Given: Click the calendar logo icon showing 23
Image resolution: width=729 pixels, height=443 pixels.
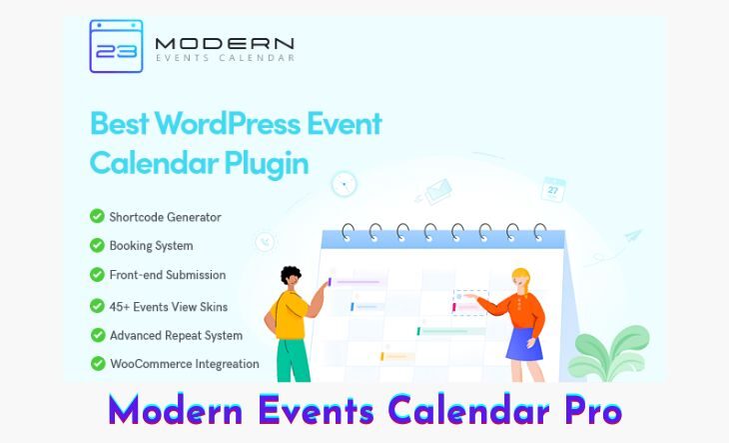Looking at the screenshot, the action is pyautogui.click(x=116, y=46).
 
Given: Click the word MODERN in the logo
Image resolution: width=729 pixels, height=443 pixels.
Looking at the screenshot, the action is pyautogui.click(x=225, y=44).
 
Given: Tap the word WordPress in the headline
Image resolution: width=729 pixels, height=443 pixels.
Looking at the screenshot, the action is pyautogui.click(x=228, y=123).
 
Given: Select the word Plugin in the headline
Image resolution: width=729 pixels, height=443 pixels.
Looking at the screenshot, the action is pyautogui.click(x=267, y=164).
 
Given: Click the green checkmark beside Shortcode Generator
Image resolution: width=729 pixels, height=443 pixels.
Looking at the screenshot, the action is pyautogui.click(x=97, y=216).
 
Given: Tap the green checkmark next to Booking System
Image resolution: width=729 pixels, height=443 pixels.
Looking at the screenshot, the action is pyautogui.click(x=97, y=245).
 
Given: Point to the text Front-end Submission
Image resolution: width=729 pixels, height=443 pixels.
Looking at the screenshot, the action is pyautogui.click(x=168, y=275).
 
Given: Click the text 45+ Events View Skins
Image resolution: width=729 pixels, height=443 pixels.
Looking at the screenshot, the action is pyautogui.click(x=169, y=307).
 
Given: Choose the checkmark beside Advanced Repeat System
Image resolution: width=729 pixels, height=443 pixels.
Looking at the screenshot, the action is pyautogui.click(x=98, y=335).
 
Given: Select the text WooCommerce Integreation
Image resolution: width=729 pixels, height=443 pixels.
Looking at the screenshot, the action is pyautogui.click(x=185, y=364).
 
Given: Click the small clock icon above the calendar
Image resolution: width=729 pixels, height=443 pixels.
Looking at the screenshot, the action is pyautogui.click(x=345, y=184).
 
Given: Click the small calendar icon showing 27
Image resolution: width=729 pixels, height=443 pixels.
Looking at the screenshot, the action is pyautogui.click(x=553, y=189).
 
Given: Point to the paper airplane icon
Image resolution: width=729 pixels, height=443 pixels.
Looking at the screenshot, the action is pyautogui.click(x=633, y=236).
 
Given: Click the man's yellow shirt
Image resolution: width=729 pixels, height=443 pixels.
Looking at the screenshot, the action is pyautogui.click(x=292, y=315).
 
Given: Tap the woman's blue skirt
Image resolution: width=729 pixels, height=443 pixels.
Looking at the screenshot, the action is pyautogui.click(x=525, y=344).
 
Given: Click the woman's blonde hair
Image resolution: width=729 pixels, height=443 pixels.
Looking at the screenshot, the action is pyautogui.click(x=521, y=278).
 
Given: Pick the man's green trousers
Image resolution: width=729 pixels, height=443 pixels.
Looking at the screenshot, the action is pyautogui.click(x=293, y=360).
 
